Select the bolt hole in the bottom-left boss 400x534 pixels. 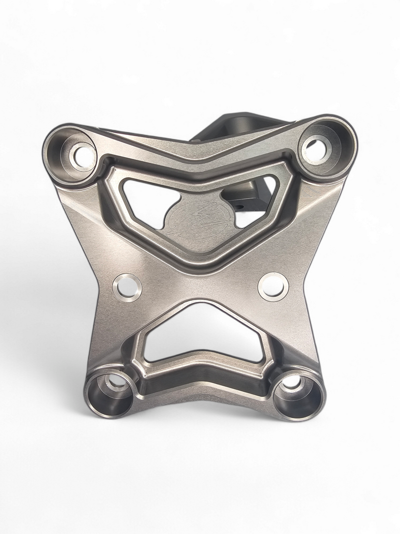tap(116, 383)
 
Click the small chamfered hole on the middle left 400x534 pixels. tap(127, 287)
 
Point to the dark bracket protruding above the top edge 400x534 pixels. tap(225, 125)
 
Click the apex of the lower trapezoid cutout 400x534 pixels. tap(202, 304)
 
